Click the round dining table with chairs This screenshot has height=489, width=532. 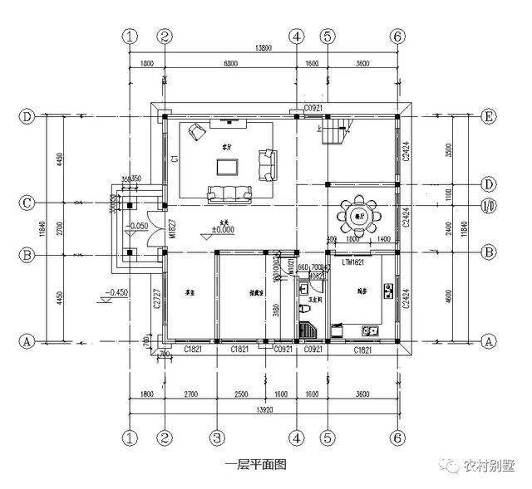pyautogui.click(x=358, y=217)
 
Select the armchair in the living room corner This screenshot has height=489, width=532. pyautogui.click(x=197, y=131)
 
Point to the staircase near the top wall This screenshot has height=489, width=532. pyautogui.click(x=336, y=132)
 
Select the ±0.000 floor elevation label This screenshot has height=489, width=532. pyautogui.click(x=223, y=229)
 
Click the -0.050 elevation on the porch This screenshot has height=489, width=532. pyautogui.click(x=138, y=225)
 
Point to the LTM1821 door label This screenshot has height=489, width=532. pyautogui.click(x=354, y=262)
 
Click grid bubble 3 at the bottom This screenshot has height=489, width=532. pyautogui.click(x=216, y=438)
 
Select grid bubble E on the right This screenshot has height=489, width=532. pyautogui.click(x=489, y=117)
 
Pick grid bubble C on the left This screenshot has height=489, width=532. pyautogui.click(x=27, y=203)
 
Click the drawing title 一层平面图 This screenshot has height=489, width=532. pyautogui.click(x=255, y=465)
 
